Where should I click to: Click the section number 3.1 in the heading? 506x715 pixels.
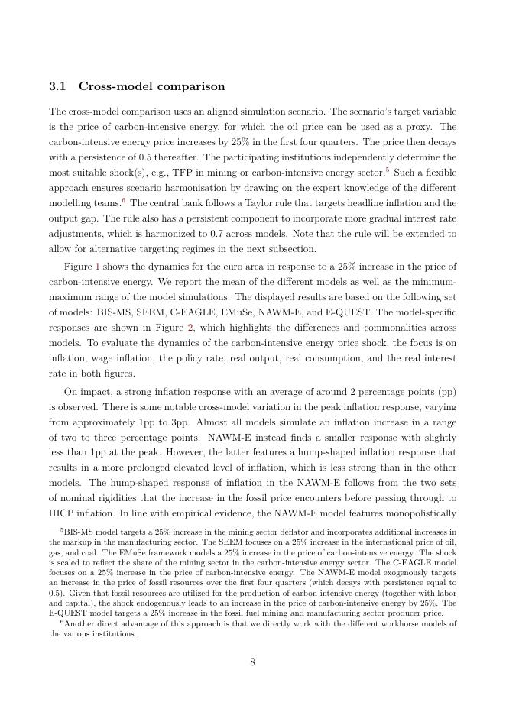click(x=58, y=86)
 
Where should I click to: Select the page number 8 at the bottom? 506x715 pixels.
click(x=252, y=662)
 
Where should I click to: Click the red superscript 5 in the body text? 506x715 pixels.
click(x=388, y=169)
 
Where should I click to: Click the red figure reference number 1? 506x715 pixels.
click(x=96, y=267)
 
